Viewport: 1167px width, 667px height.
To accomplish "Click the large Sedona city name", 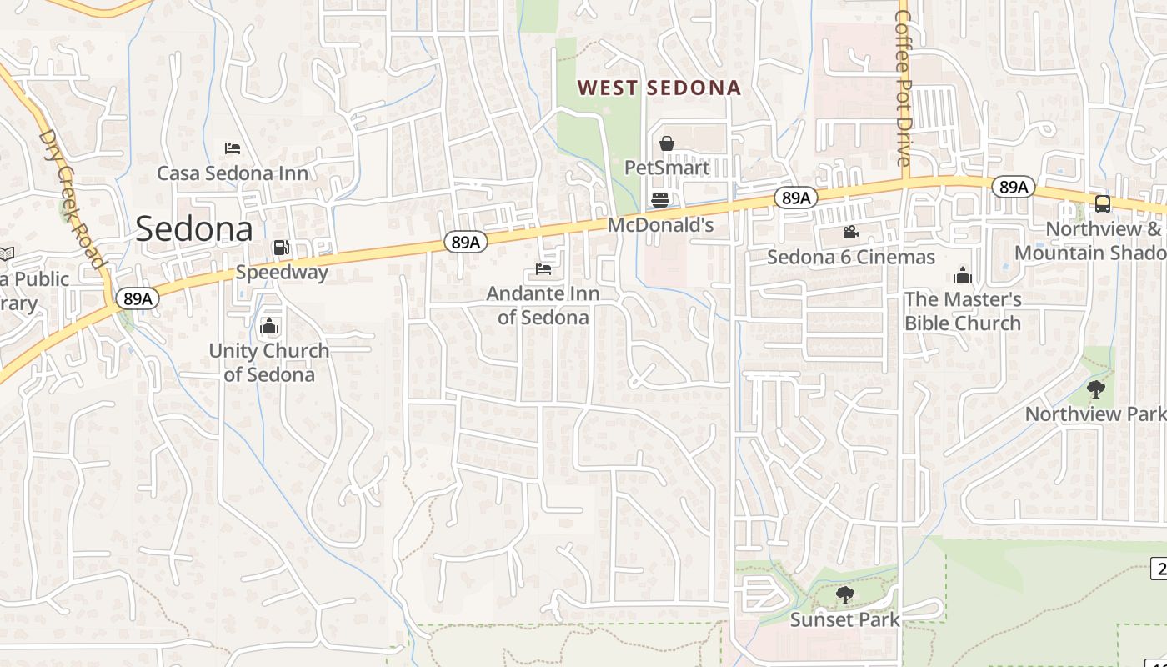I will [x=193, y=228].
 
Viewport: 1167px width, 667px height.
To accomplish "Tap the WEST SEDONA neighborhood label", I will [x=659, y=88].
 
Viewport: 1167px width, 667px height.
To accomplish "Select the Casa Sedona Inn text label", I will [x=233, y=173].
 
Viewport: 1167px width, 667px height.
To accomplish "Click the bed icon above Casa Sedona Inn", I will [x=233, y=148].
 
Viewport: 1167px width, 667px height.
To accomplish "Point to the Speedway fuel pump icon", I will [x=281, y=248].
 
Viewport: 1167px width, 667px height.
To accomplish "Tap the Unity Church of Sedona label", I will [x=268, y=362].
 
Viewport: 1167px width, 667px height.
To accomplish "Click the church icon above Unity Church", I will [x=268, y=326].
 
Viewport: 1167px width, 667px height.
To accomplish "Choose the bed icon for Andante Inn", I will [x=543, y=269].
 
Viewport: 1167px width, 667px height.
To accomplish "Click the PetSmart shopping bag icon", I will [x=667, y=143].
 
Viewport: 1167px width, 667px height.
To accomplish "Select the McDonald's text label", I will [x=660, y=225].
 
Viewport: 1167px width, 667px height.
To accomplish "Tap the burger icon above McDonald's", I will [x=660, y=200].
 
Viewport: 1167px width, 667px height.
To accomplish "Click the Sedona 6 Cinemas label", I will [x=850, y=257].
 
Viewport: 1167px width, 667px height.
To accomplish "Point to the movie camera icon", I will [x=850, y=233].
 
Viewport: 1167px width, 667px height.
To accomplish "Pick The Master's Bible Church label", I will [x=963, y=311].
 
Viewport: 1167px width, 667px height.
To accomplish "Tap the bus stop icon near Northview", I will [x=1102, y=203].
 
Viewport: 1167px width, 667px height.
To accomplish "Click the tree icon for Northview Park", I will [x=1096, y=389].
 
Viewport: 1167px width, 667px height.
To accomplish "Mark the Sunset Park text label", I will [x=844, y=619].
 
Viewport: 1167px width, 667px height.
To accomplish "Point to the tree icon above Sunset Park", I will [x=844, y=594].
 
